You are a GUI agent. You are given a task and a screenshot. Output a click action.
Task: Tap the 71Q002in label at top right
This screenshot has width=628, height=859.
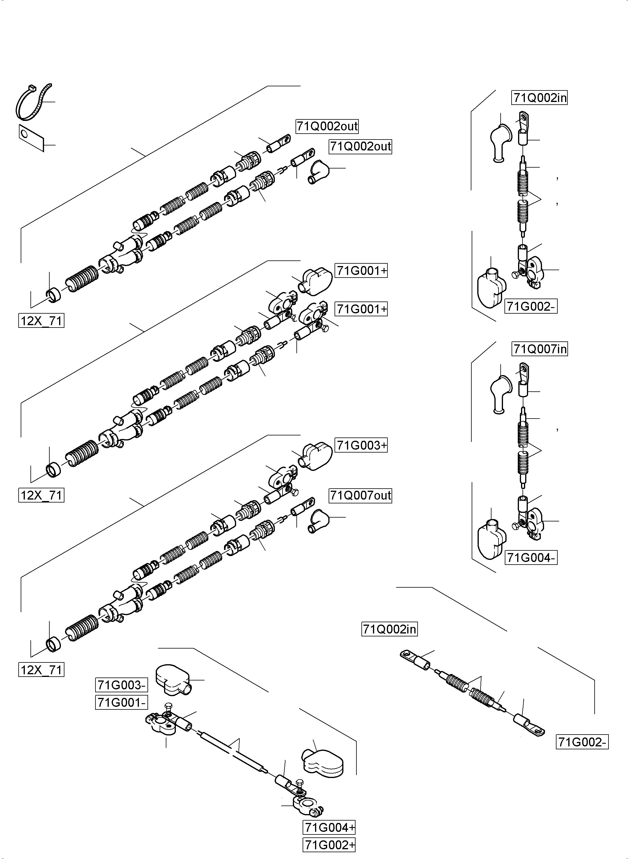pyautogui.click(x=539, y=98)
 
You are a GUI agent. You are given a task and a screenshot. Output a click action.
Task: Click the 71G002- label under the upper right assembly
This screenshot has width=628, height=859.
pyautogui.click(x=531, y=307)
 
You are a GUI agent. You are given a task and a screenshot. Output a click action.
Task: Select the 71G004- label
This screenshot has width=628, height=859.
pyautogui.click(x=531, y=558)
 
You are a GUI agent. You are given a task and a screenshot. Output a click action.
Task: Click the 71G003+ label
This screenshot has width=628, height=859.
pyautogui.click(x=361, y=445)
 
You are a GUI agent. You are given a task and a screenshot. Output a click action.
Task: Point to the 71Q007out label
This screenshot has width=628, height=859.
pyautogui.click(x=360, y=495)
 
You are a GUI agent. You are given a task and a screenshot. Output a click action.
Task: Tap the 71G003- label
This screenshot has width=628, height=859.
pyautogui.click(x=121, y=685)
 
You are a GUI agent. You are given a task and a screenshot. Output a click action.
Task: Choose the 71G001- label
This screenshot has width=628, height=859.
pyautogui.click(x=121, y=703)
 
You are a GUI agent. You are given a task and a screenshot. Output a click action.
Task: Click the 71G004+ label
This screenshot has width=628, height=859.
pyautogui.click(x=329, y=827)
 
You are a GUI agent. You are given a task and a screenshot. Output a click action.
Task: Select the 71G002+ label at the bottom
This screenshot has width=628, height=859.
pyautogui.click(x=329, y=845)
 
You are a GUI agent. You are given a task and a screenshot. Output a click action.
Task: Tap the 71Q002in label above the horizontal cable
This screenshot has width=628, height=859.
pyautogui.click(x=389, y=629)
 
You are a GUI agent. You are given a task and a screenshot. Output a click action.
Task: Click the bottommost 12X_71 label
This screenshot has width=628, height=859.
pyautogui.click(x=41, y=669)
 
